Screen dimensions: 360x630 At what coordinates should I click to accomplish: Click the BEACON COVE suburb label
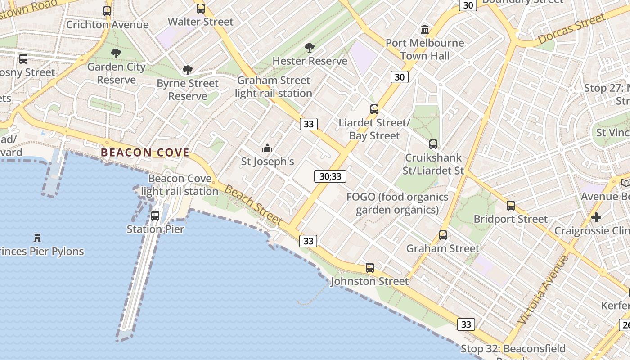[145, 153]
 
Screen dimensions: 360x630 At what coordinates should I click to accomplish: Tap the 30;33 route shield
[330, 176]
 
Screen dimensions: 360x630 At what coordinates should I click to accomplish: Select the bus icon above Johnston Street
[370, 268]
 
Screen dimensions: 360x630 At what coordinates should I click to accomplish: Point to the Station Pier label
[155, 229]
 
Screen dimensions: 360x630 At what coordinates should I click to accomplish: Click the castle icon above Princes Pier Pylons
[37, 238]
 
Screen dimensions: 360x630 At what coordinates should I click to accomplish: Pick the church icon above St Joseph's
[267, 148]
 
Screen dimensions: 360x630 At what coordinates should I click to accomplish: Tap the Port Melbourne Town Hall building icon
[424, 30]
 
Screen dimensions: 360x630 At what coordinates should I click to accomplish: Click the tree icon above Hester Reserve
[309, 47]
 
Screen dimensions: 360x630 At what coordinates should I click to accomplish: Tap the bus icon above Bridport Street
[511, 206]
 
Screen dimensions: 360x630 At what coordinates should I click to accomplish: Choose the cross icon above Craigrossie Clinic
[596, 218]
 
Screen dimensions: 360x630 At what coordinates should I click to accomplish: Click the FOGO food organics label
[397, 203]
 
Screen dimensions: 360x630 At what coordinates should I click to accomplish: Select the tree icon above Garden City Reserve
[116, 54]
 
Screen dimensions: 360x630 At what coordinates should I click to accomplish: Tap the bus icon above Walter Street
[201, 8]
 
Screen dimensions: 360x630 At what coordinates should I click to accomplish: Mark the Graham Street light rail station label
[274, 87]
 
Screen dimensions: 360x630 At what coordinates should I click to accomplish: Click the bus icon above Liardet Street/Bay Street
[374, 109]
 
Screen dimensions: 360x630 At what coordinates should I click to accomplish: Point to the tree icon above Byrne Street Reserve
[188, 70]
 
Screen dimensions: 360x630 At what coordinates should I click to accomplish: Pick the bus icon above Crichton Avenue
[107, 11]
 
